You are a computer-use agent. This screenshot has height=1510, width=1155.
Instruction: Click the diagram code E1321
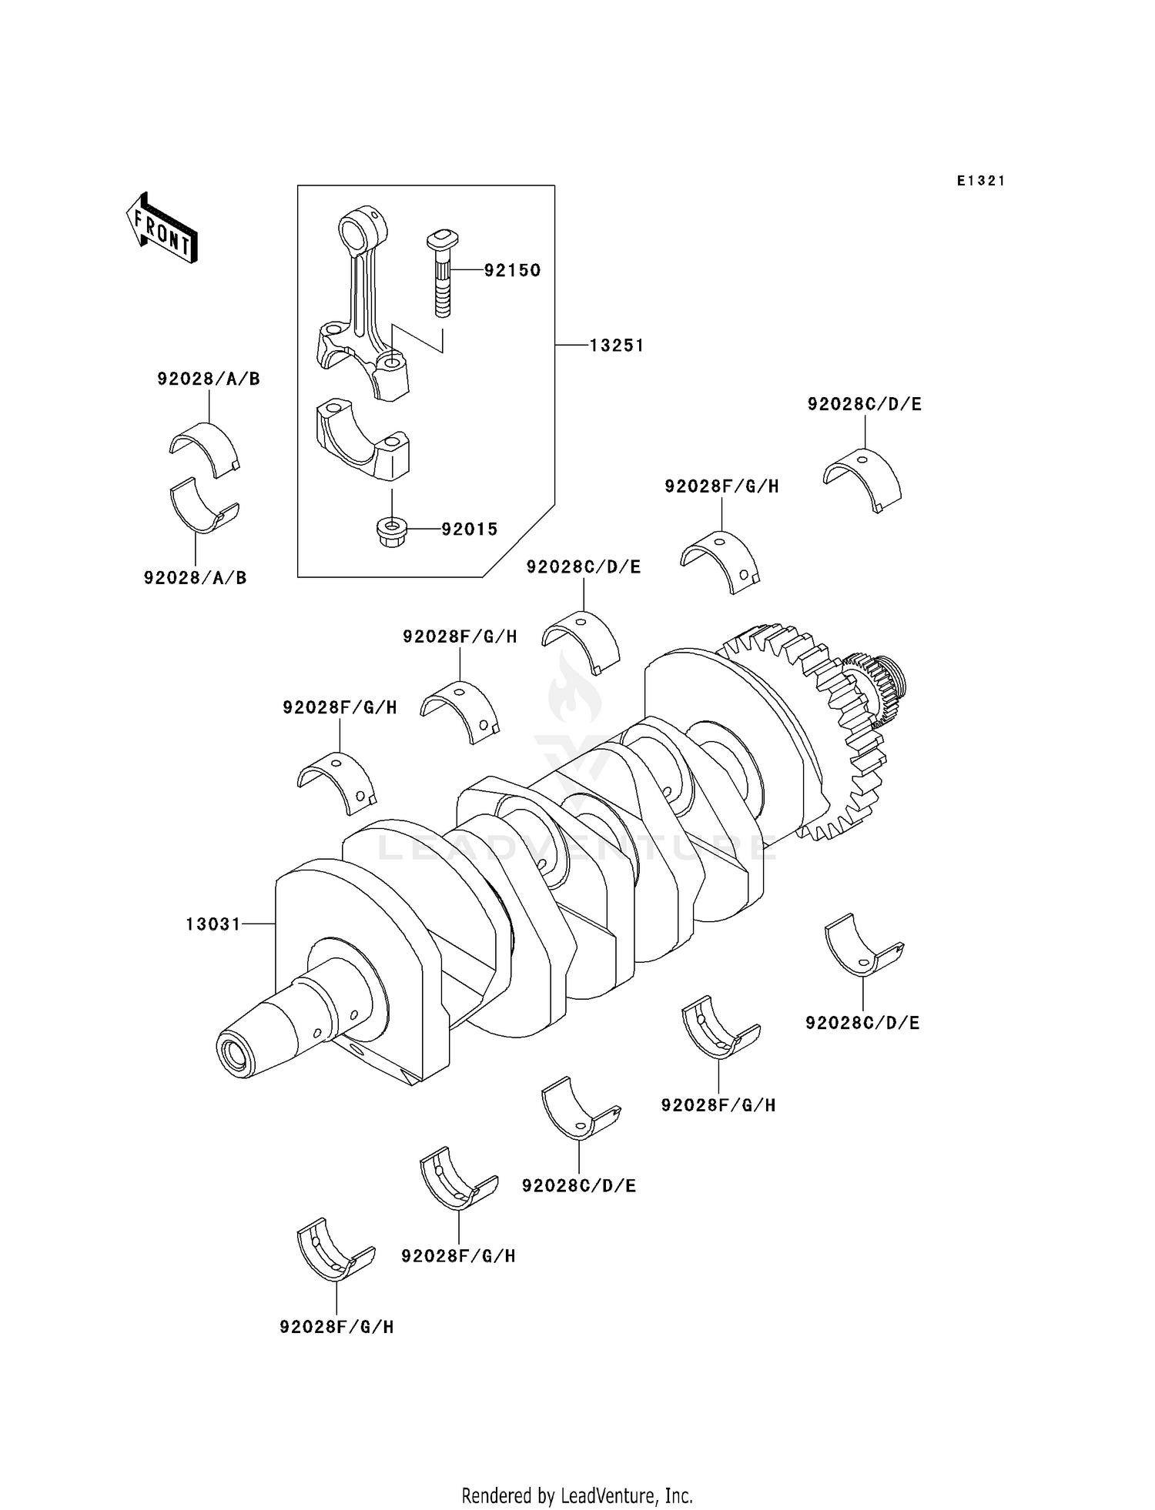pos(981,181)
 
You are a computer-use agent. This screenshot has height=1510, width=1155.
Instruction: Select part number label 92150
pos(512,270)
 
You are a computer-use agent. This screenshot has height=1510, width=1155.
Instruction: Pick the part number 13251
pos(616,346)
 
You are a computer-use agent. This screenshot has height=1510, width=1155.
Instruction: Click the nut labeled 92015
pos(391,531)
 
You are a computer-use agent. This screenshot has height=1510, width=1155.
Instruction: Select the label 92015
pos(469,530)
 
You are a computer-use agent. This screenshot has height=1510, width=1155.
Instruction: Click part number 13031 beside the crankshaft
pos(213,924)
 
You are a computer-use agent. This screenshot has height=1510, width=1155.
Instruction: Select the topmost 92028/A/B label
pos(209,379)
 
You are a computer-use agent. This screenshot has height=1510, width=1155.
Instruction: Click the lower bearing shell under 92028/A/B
pos(203,506)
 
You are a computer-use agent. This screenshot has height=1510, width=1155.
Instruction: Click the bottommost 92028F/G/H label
pos(336,1327)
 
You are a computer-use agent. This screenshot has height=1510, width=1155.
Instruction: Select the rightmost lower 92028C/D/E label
pos(862,1023)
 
